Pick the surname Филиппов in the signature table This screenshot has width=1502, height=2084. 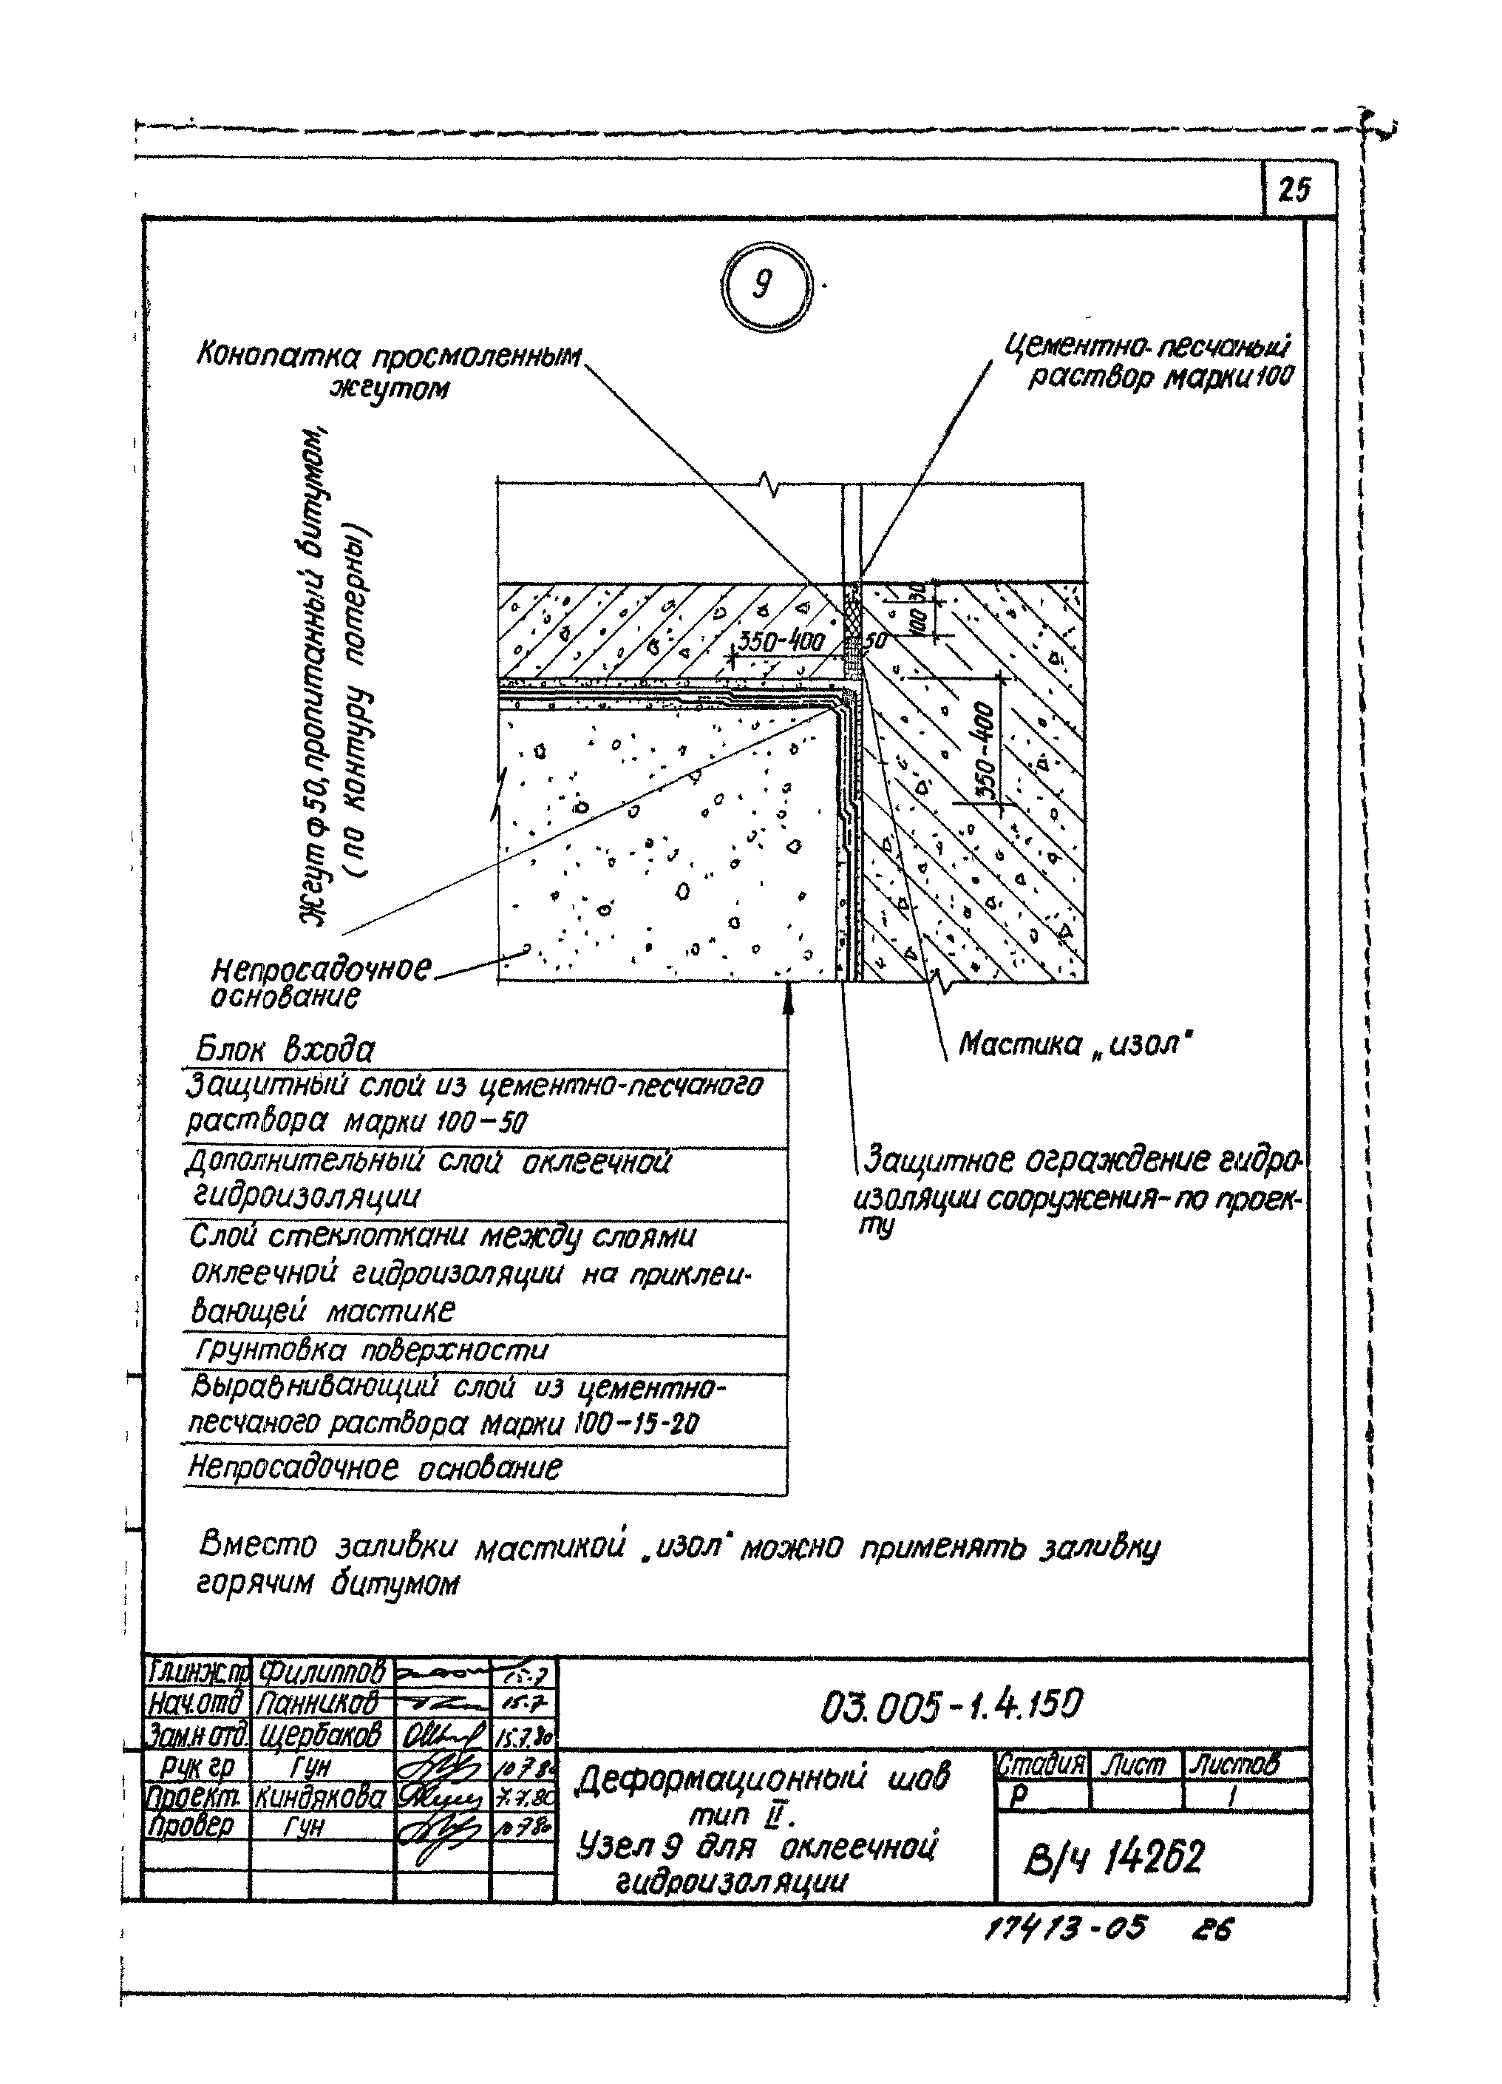point(322,1671)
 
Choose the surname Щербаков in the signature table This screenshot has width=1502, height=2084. point(321,1735)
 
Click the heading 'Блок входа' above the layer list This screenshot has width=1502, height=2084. point(285,1050)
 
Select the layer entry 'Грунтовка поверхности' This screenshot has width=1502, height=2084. point(371,1350)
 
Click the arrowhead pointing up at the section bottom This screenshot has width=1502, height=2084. point(787,996)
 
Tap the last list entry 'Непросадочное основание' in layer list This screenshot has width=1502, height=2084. point(374,1467)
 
